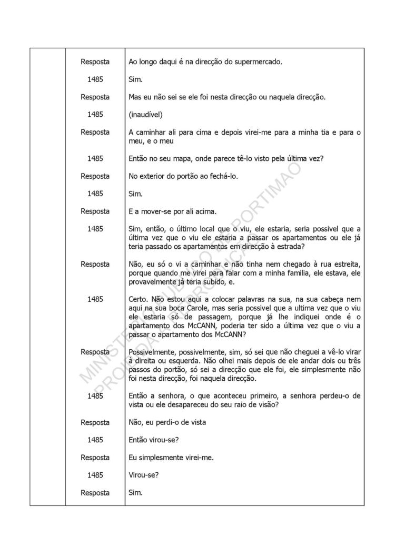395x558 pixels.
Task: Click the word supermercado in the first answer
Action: click(259, 62)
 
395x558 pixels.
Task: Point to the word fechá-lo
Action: click(223, 176)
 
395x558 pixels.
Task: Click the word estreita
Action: click(343, 265)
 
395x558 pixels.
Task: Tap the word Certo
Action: click(139, 299)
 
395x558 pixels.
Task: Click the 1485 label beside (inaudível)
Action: click(95, 115)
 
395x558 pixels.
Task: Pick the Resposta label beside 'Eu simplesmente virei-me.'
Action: click(95, 458)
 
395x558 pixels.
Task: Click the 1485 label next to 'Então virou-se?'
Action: click(95, 440)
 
